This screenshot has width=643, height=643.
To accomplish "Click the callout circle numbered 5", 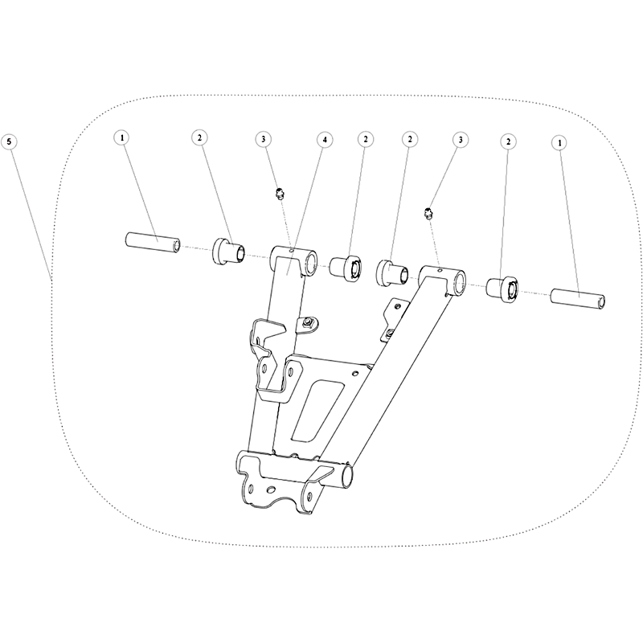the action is point(9,142).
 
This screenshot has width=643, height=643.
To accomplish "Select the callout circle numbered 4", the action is point(325,140).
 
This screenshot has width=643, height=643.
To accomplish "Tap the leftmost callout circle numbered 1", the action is point(122,138).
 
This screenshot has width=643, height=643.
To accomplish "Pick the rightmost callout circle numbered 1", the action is point(559,143).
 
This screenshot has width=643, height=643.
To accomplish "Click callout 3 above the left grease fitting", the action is point(264,139).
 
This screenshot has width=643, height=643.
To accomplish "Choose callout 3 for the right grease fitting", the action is point(461,140).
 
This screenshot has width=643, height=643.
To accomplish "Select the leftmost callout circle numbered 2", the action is point(199,138).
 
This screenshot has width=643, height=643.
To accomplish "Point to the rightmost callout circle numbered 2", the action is point(509,142).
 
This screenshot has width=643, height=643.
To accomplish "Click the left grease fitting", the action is point(280,194).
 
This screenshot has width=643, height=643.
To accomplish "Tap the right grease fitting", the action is point(428,214).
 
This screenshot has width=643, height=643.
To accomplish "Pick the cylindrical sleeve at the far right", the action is point(578,298).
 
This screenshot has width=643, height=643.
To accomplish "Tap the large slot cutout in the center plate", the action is point(317,411).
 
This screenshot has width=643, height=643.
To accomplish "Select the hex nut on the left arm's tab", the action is point(307,323).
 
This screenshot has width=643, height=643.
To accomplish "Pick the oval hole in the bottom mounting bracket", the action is point(271,489).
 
